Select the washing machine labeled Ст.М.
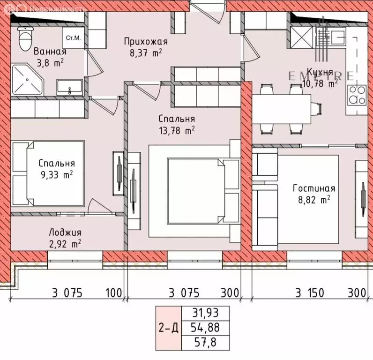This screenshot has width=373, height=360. click(73, 37)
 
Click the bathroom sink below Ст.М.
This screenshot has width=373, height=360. click(69, 88)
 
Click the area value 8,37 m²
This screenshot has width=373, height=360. click(145, 53)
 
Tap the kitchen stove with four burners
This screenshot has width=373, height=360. click(357, 95)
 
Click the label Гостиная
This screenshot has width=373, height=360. click(314, 188)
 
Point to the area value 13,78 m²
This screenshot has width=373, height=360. click(177, 131)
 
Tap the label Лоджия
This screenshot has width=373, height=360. click(65, 232)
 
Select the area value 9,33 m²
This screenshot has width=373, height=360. click(57, 175)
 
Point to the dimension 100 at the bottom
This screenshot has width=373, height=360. click(112, 293)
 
